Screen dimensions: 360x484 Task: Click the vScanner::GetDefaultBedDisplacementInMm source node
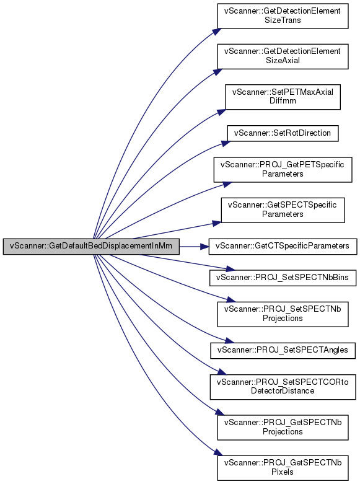[91, 246]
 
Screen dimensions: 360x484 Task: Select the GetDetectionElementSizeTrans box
[283, 15]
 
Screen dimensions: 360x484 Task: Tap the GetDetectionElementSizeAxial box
[283, 56]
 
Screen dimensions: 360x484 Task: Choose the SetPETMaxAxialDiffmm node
[283, 97]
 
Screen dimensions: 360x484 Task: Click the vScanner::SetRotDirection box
[283, 133]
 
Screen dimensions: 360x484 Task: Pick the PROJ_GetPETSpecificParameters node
[283, 169]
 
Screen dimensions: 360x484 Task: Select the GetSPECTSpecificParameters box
[283, 210]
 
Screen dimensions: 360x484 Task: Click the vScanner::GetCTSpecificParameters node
[283, 246]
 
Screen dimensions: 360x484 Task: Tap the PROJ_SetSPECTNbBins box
[283, 278]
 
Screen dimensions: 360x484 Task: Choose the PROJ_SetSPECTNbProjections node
[283, 314]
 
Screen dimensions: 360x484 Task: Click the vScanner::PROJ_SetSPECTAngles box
[283, 350]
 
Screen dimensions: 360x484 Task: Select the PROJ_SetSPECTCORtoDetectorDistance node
[283, 387]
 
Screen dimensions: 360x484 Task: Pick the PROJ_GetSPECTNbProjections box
[283, 427]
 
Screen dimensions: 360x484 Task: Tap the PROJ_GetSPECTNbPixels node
[283, 468]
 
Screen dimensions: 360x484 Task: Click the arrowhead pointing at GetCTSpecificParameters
[204, 246]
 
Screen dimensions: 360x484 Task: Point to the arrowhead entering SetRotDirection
[226, 144]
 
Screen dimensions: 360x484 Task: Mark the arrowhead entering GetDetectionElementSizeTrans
[217, 32]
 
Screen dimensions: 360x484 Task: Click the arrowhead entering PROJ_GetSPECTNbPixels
[218, 452]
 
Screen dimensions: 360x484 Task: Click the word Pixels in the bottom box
[283, 472]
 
